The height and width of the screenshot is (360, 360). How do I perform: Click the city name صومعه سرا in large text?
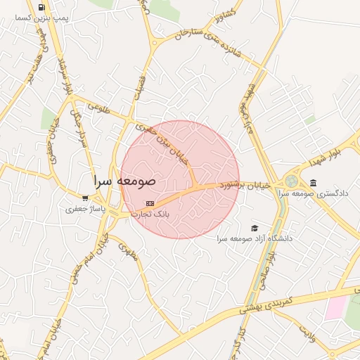coord(125,181)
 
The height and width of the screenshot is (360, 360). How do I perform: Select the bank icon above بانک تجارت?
coord(150,202)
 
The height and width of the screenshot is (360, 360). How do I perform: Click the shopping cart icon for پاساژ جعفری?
coord(85,198)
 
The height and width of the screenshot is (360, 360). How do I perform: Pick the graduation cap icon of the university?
coord(254,228)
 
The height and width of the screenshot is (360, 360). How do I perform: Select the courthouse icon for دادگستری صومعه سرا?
coord(312,183)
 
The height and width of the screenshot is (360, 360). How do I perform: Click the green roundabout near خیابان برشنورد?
coord(291,181)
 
